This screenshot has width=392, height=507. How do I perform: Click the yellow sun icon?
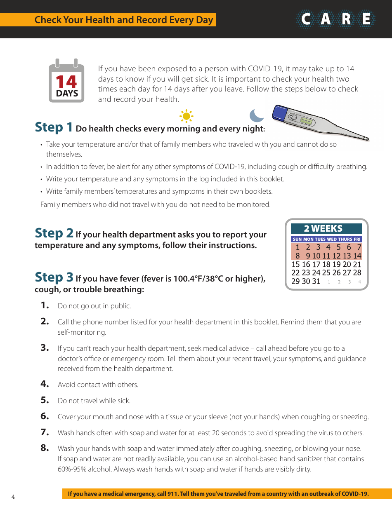187,116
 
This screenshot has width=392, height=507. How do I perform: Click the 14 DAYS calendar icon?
66,81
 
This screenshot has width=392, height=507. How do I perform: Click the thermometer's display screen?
306,121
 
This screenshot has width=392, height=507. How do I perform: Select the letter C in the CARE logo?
306,19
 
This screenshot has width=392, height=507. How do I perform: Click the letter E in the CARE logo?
366,19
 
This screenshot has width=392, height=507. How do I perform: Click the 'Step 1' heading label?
54,127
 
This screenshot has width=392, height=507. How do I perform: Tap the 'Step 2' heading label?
54,233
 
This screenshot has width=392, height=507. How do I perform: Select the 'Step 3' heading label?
54,277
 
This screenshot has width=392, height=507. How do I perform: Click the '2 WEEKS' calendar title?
323,229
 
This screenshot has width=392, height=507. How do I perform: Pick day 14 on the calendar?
357,256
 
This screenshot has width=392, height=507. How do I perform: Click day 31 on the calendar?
316,282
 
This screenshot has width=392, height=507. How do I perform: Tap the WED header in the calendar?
331,239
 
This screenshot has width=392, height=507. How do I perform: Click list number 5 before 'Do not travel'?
45,400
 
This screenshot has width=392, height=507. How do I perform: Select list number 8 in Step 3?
45,448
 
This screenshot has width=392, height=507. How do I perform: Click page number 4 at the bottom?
13,497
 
